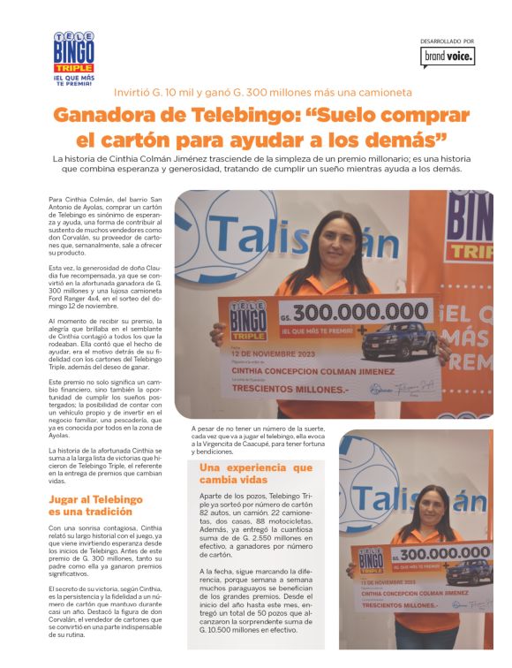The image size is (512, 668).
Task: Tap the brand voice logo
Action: [x=448, y=57]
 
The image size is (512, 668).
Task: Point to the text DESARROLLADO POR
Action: [x=448, y=41]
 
